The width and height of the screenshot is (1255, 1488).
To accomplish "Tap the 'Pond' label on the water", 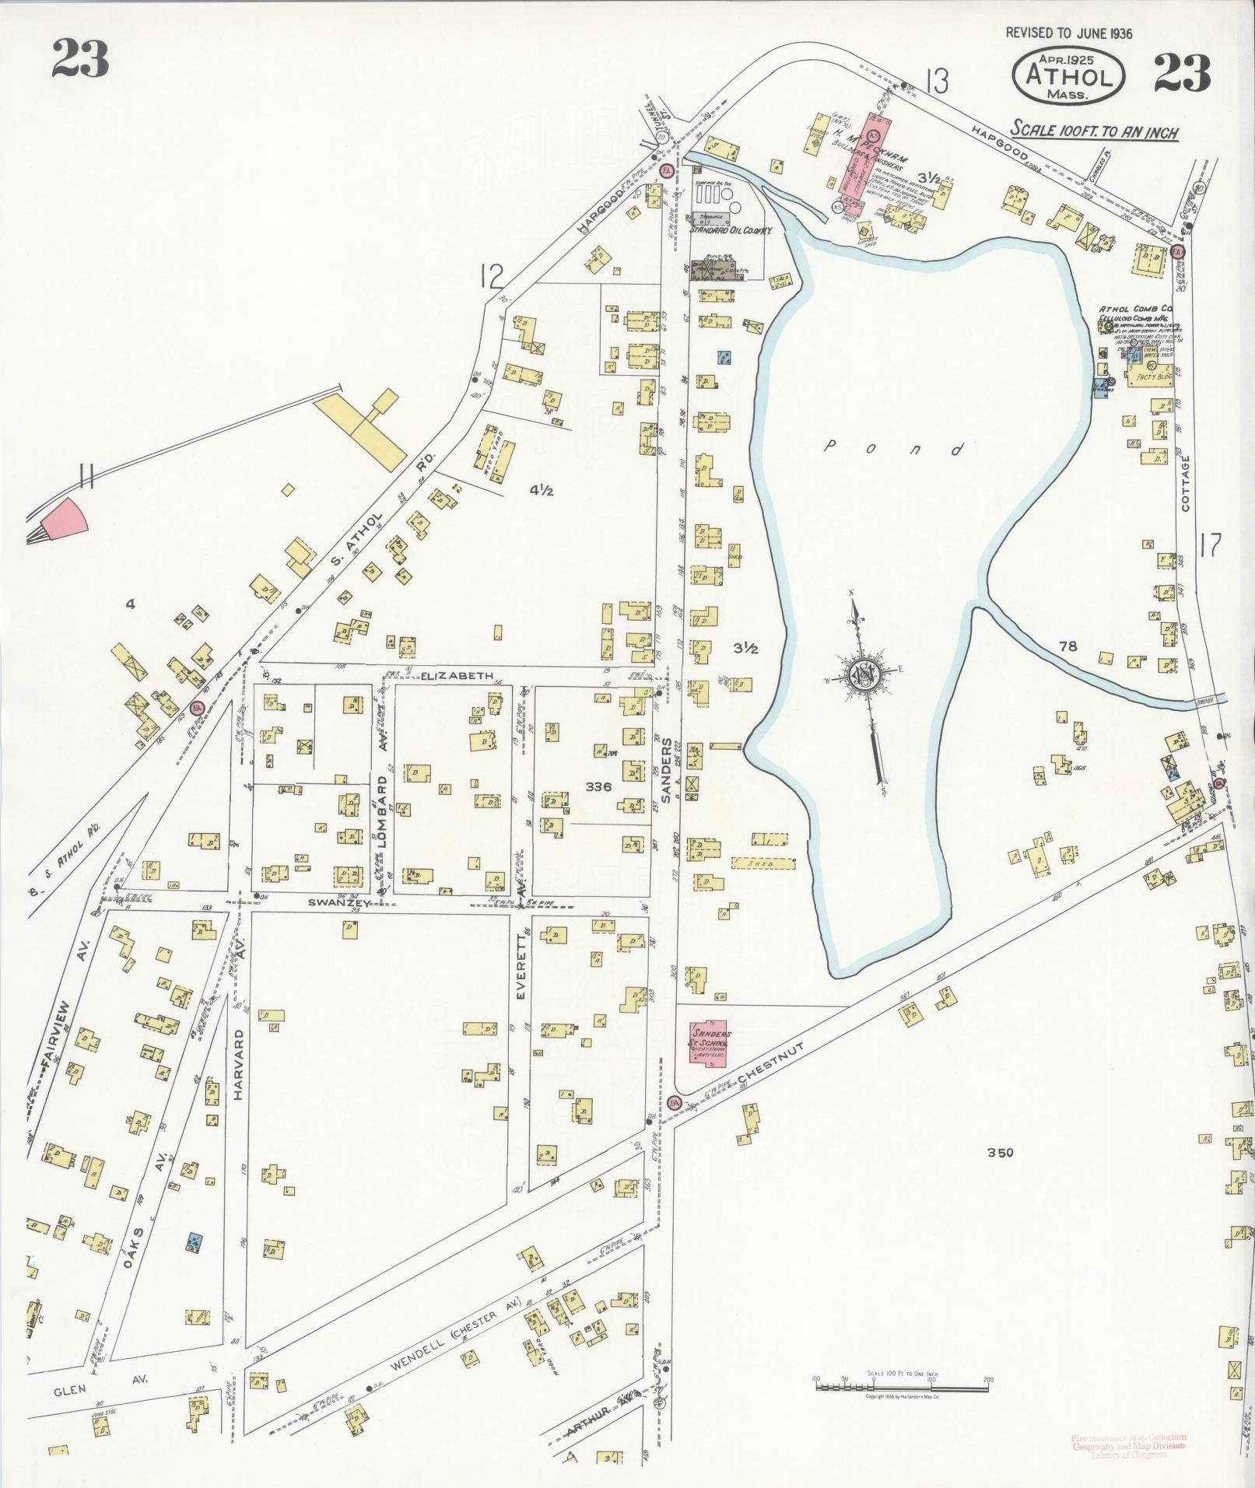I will pyautogui.click(x=894, y=448).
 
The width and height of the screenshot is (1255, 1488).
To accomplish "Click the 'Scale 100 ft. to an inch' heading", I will pyautogui.click(x=1094, y=131).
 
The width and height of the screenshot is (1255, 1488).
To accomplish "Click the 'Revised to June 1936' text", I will pyautogui.click(x=1068, y=33).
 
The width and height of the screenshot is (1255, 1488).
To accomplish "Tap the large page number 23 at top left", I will pyautogui.click(x=79, y=58).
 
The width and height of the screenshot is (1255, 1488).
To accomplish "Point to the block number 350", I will pyautogui.click(x=1001, y=1153).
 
